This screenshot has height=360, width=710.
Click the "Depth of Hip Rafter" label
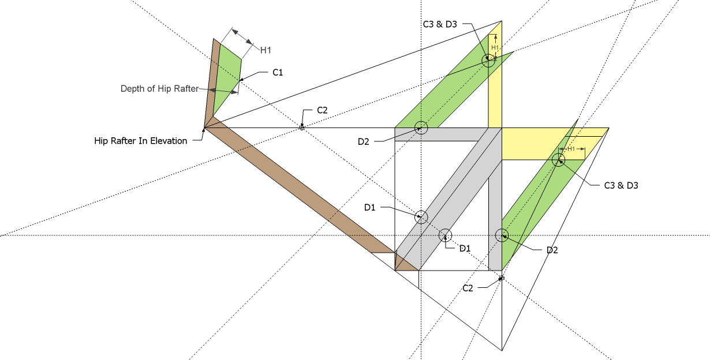click(159, 89)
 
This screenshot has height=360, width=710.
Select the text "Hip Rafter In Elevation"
click(141, 141)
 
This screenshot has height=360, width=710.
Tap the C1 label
click(278, 73)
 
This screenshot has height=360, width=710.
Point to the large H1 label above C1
click(266, 50)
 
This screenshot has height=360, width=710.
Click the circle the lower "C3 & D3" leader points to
click(558, 160)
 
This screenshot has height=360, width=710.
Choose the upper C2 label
click(322, 110)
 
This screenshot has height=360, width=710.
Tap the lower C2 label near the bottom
click(468, 287)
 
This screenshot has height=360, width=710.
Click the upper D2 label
click(363, 142)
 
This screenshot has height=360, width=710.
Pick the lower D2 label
click(552, 250)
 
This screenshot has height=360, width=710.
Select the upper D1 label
click(370, 207)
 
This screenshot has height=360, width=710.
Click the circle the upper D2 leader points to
click(421, 128)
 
